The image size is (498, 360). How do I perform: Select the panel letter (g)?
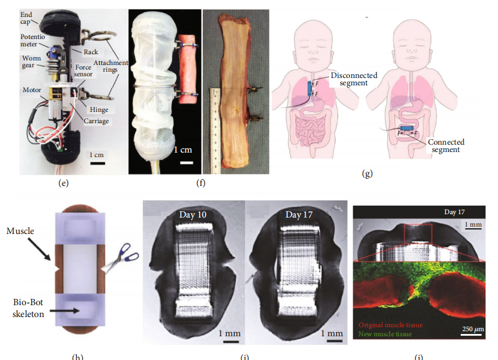point(367,174)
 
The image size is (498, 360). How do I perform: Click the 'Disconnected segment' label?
point(354,80)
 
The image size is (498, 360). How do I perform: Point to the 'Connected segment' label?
point(447,146)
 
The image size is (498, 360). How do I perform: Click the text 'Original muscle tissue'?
point(391,325)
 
